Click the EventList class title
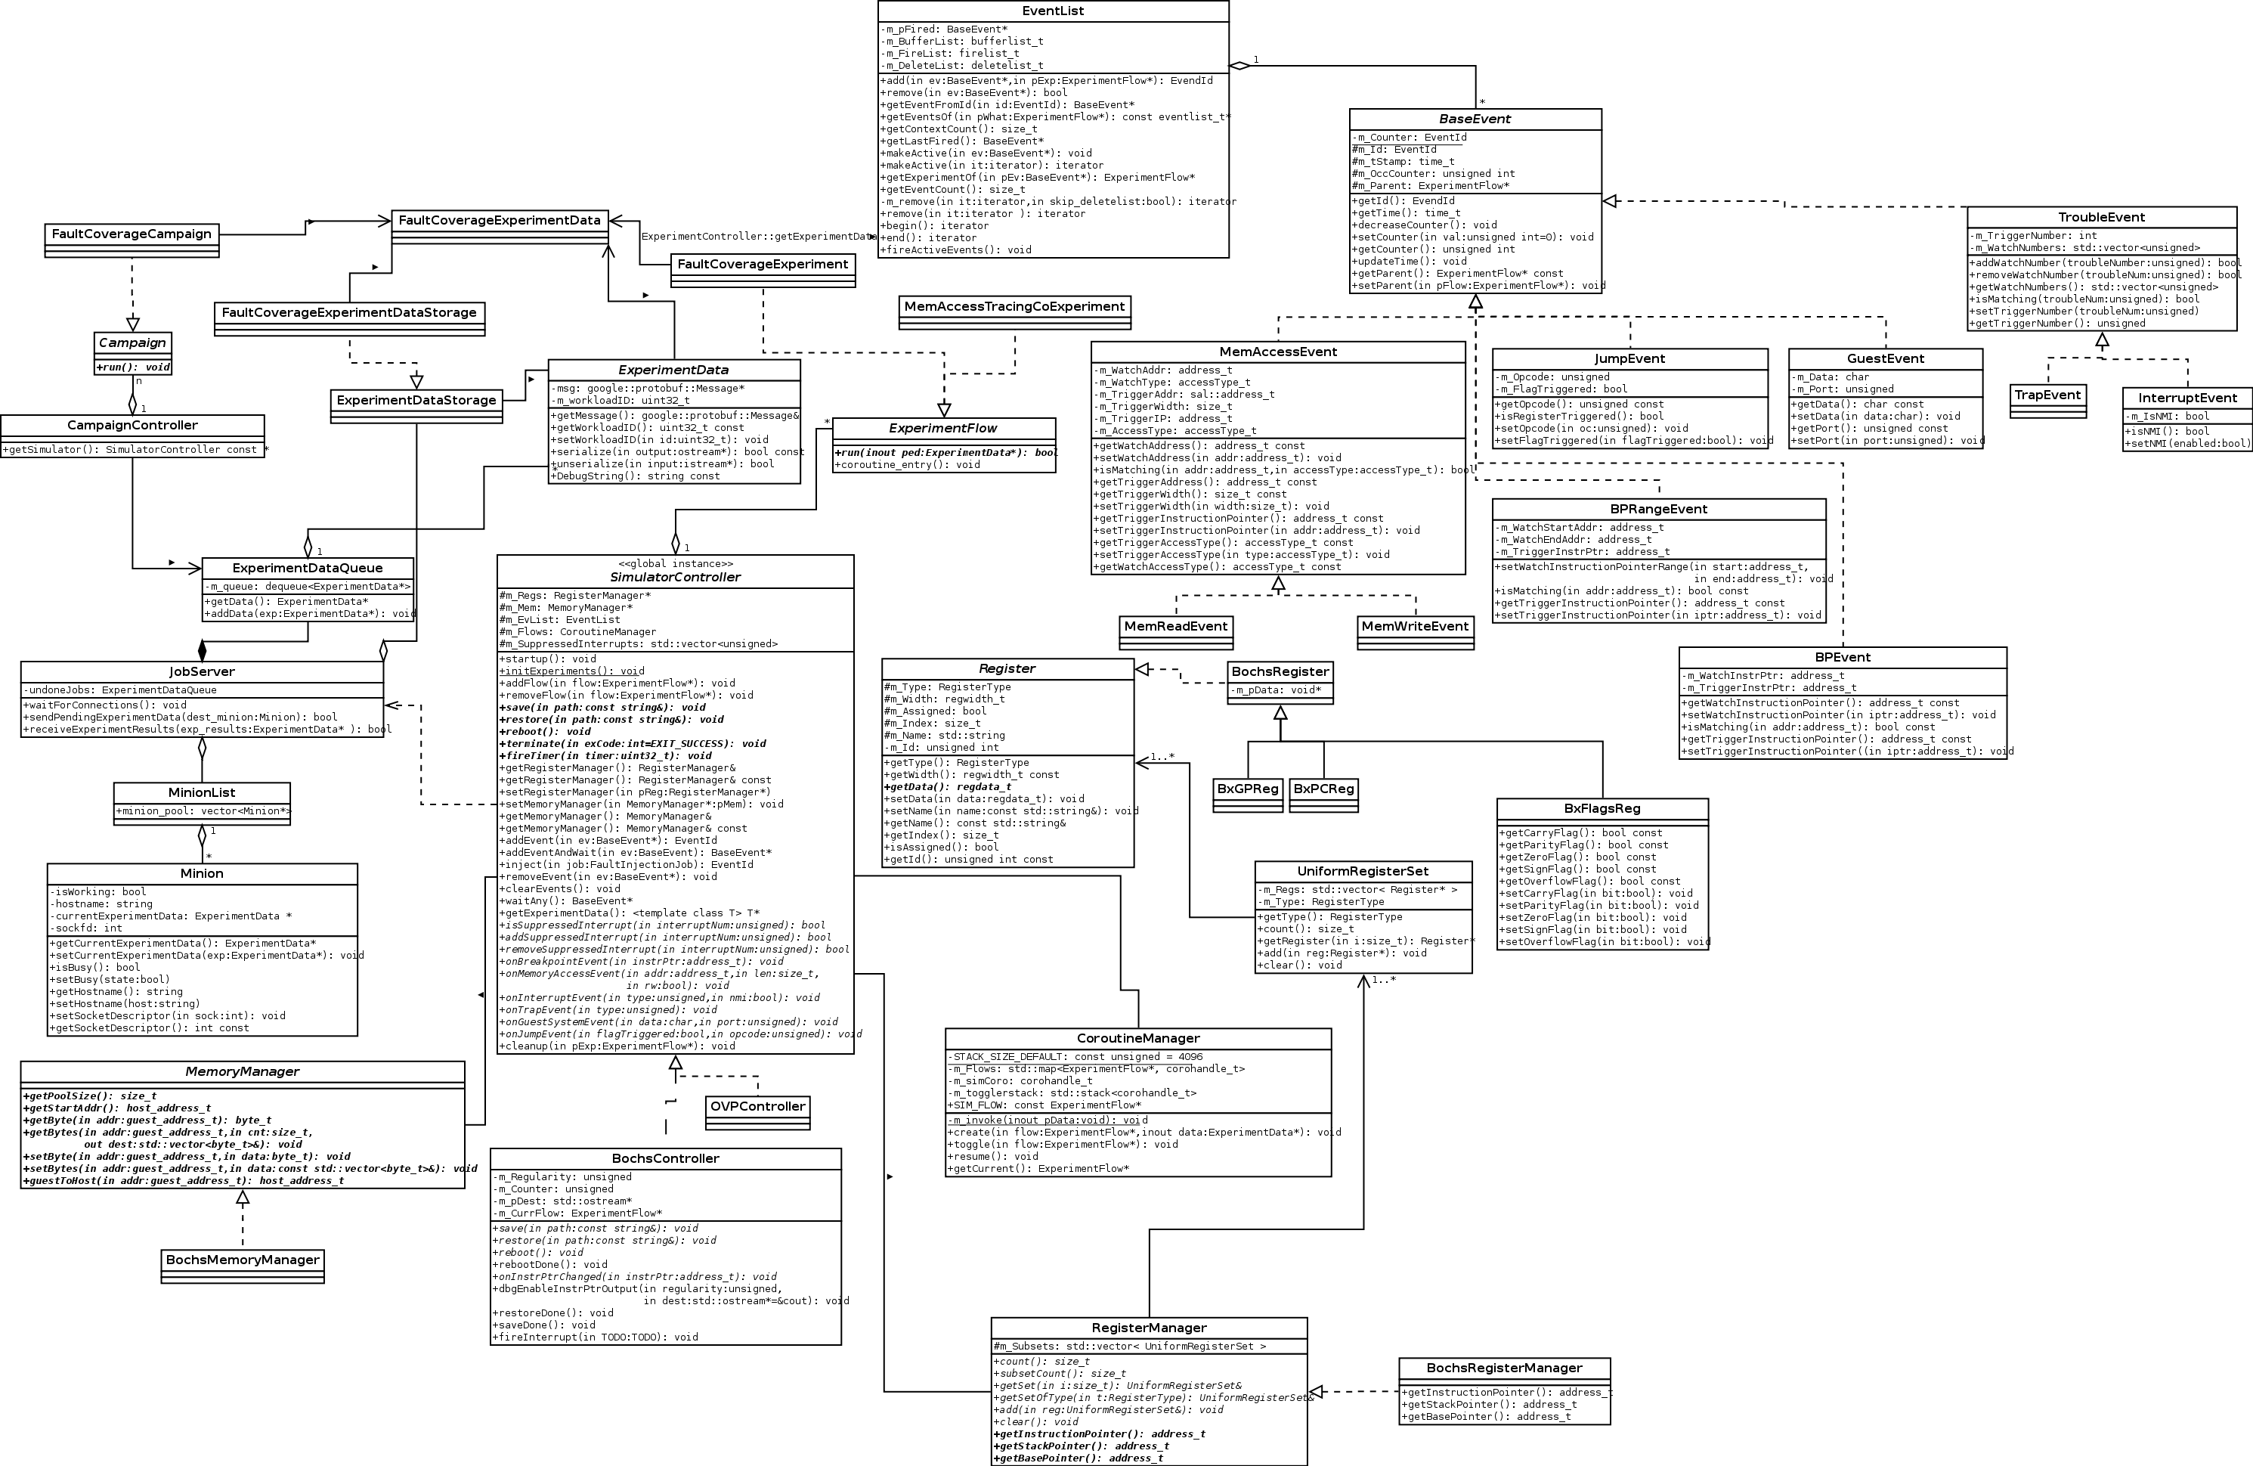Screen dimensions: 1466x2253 1053,11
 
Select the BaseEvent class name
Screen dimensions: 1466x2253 1475,119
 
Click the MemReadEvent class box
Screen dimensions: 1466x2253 1176,627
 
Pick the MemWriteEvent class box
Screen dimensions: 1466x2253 1416,627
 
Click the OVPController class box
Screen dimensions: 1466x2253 757,1107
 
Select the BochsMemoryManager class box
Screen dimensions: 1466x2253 243,1260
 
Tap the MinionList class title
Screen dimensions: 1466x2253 202,792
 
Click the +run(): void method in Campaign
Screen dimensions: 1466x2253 132,367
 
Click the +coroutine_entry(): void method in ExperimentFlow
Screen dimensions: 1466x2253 907,465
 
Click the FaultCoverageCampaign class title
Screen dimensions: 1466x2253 132,234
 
